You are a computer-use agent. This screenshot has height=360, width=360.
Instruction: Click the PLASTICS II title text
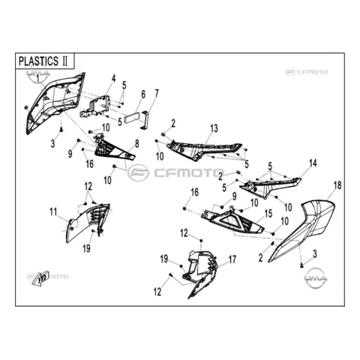tap(43, 61)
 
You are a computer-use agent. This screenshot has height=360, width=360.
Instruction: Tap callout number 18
tap(337, 185)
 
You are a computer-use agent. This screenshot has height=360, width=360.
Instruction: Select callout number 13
tap(214, 128)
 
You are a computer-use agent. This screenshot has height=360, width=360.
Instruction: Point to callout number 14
tap(313, 163)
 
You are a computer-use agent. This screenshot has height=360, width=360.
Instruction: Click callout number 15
tap(268, 214)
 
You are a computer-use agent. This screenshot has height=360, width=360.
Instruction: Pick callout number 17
tap(232, 259)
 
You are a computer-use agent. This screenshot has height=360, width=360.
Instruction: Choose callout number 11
tap(53, 212)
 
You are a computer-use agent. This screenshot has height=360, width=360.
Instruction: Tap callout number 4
tap(114, 79)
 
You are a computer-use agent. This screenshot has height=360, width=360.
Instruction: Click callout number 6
tap(143, 94)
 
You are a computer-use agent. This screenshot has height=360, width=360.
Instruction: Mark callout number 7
tap(157, 93)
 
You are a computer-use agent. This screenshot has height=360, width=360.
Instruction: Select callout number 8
tap(137, 144)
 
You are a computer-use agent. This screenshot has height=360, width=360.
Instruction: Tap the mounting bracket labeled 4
tap(96, 106)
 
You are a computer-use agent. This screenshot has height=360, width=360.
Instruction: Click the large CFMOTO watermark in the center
tap(176, 172)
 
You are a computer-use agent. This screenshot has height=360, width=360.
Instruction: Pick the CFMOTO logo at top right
tap(307, 72)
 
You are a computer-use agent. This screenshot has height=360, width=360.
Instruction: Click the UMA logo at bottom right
tap(316, 277)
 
